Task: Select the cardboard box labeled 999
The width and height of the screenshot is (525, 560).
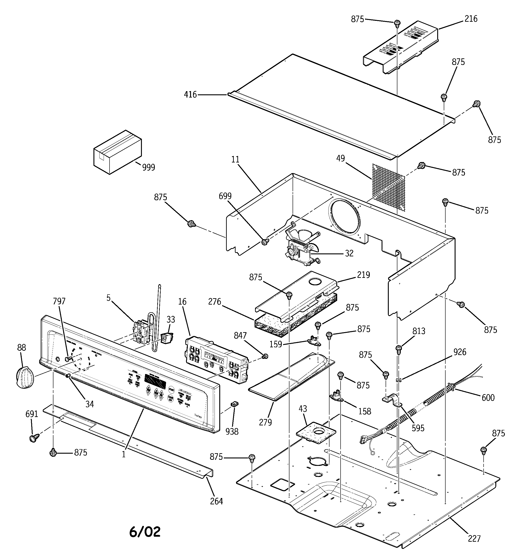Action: [117, 152]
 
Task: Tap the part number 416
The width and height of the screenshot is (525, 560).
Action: [190, 95]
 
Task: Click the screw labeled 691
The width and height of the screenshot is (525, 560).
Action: [34, 438]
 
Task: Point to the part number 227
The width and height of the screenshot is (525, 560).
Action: [474, 539]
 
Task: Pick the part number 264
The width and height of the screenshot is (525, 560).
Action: [216, 501]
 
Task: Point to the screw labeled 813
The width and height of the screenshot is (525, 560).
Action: [399, 349]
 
